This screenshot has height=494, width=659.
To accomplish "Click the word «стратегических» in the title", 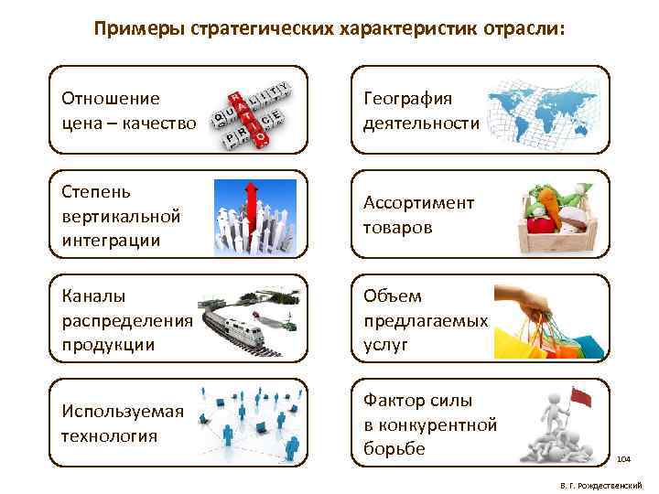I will tap(258, 29).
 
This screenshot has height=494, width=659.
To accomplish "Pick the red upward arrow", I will tap(248, 207).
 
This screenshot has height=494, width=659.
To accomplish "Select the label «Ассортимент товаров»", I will tap(418, 214).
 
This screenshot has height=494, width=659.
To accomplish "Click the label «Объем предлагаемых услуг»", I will tap(425, 320).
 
